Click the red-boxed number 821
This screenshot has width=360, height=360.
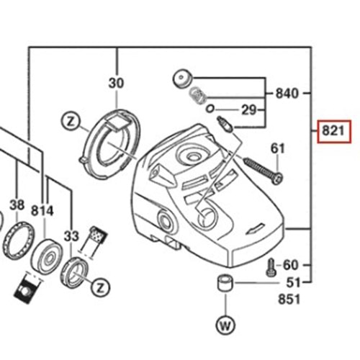pos(335,132)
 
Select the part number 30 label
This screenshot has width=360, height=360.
pos(117,84)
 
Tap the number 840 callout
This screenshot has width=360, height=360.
pos(285,94)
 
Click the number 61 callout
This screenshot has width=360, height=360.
pos(278,148)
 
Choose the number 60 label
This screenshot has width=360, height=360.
pos(290,265)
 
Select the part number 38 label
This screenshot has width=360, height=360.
pos(15,204)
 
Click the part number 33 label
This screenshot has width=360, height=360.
pos(70,235)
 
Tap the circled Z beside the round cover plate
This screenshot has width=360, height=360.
pos(70,120)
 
